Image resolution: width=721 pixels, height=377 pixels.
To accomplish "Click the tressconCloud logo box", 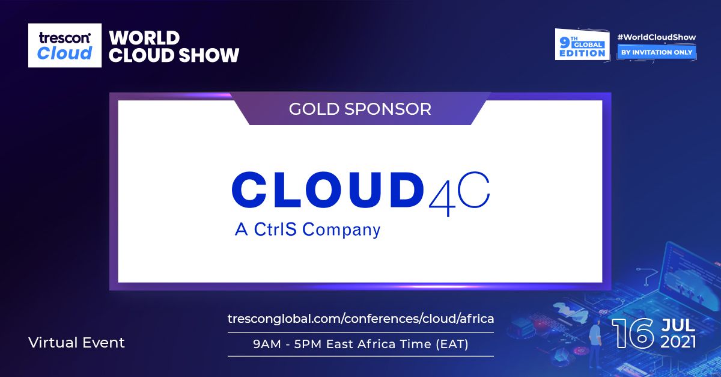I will click(65, 46).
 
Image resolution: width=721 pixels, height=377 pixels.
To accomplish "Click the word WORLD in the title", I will click(144, 37).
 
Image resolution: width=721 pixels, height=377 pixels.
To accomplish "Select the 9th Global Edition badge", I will click(581, 44).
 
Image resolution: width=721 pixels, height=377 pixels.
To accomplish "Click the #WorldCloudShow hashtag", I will click(656, 37).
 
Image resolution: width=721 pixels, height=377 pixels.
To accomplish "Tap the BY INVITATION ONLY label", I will click(656, 52).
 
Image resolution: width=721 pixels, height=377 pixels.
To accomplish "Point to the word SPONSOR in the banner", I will click(392, 109).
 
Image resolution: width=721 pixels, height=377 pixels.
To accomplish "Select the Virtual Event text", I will click(76, 343).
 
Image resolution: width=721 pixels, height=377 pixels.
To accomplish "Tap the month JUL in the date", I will click(678, 325).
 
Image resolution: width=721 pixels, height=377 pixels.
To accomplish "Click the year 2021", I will click(678, 342).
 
